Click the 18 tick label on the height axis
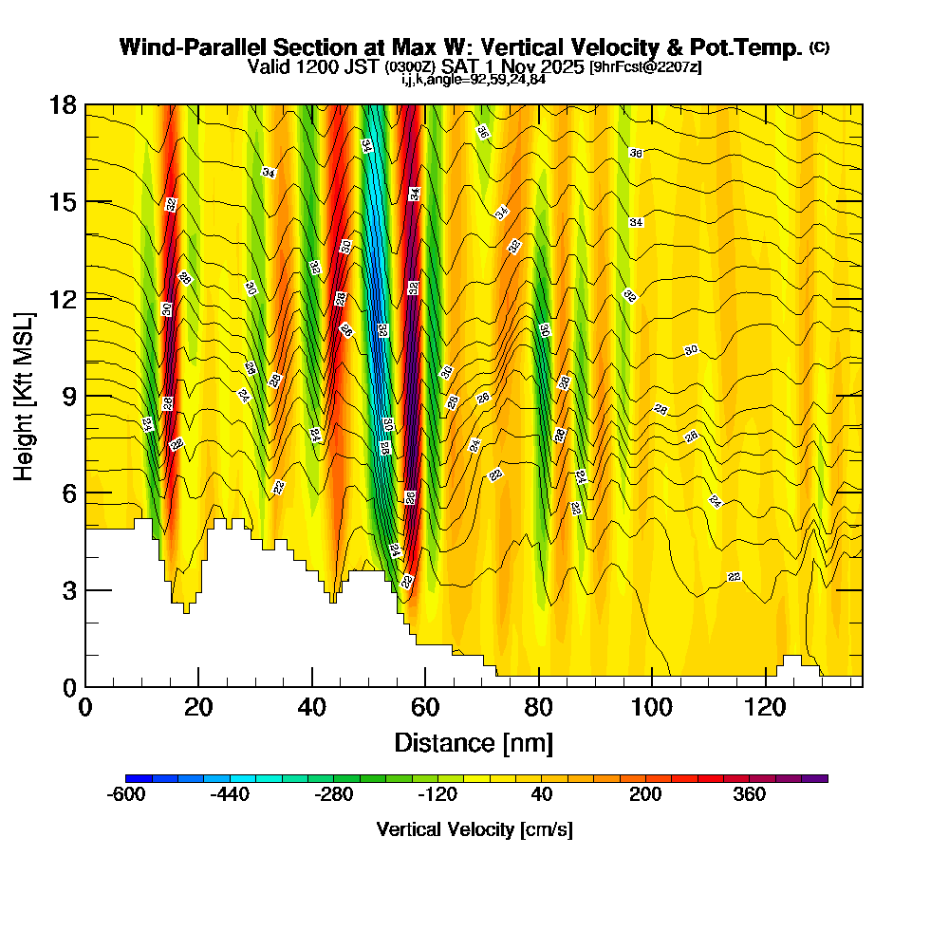pos(64,104)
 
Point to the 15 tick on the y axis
pos(64,202)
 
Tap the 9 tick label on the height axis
pos(69,396)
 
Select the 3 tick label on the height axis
pos(69,590)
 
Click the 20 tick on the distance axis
pos(198,707)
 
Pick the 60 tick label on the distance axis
pos(425,707)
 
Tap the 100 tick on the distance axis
pos(652,707)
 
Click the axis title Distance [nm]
pos(474,741)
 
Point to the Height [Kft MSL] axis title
pos(24,396)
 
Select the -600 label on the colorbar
pos(127,795)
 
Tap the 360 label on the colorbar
pos(750,795)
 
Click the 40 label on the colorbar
pos(541,795)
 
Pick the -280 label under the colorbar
pos(334,795)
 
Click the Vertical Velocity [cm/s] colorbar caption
pos(474,829)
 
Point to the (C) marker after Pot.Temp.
pos(819,47)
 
